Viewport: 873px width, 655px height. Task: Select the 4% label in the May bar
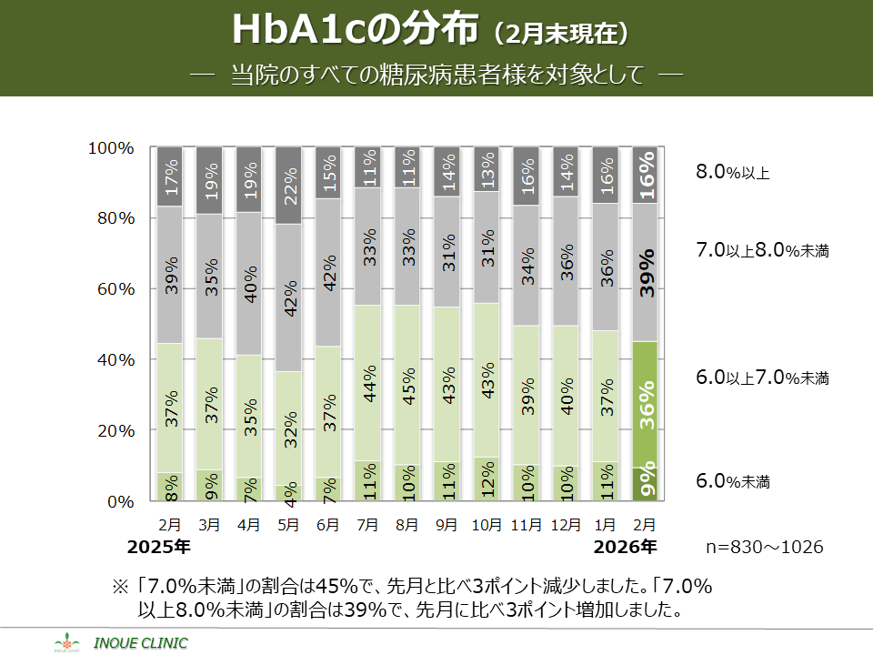click(288, 491)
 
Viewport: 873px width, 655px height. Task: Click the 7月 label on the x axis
click(367, 525)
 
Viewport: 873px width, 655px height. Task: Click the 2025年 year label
click(158, 548)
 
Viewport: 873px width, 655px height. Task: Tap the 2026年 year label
click(625, 548)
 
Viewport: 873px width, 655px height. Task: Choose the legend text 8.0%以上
click(733, 171)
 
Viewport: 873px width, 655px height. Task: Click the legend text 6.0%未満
click(733, 481)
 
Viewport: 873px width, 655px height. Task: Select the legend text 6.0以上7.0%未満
click(762, 377)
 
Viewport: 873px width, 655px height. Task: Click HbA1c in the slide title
click(299, 30)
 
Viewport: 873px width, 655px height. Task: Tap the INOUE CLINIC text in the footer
click(147, 643)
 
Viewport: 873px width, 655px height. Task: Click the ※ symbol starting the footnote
click(120, 585)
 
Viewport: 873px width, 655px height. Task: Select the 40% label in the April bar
click(249, 284)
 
